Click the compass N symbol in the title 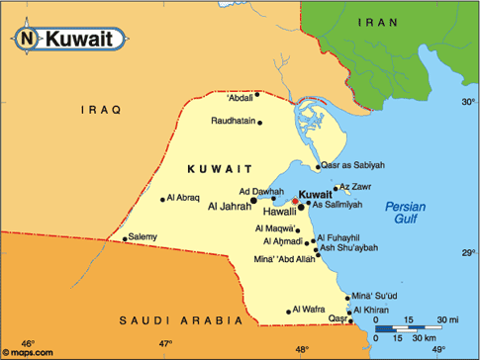pyautogui.click(x=27, y=41)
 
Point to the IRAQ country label pyautogui.click(x=100, y=110)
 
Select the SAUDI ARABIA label pyautogui.click(x=180, y=320)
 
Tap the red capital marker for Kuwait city pyautogui.click(x=294, y=201)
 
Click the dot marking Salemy pyautogui.click(x=125, y=238)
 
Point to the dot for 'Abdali pyautogui.click(x=257, y=95)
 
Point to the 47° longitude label pyautogui.click(x=165, y=343)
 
